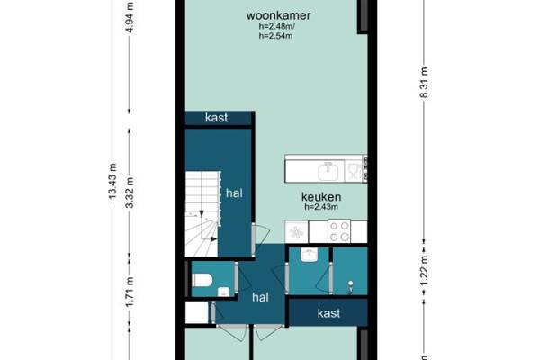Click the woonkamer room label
pos(278,15)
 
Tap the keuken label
pos(321,197)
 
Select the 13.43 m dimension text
pos(112,181)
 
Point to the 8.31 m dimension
pos(424,83)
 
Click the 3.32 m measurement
pos(130,193)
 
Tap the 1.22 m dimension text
pos(424,270)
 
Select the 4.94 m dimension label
pos(130,17)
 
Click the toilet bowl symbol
pos(202,280)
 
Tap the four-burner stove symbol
pos(339,231)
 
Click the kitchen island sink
pos(328,171)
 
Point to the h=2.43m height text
pos(321,207)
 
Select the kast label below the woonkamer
pos(216,118)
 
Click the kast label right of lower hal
pos(328,313)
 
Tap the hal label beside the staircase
pos(234,193)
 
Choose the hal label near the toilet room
pos(260,297)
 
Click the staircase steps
pos(202,214)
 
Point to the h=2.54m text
pos(276,36)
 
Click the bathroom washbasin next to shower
pos(309,255)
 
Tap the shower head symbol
pos(350,286)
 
